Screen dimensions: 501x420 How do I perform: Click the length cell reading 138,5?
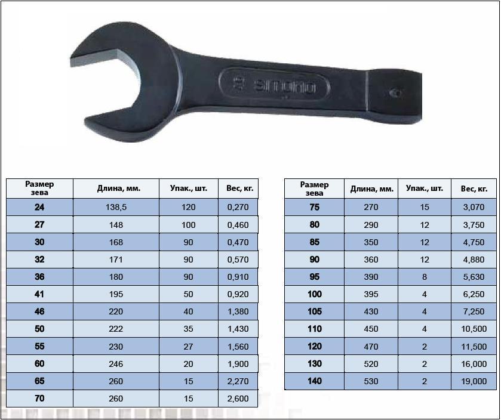pos(116,208)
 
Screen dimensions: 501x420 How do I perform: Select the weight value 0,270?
pos(238,208)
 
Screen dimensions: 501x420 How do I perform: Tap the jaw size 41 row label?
pos(39,294)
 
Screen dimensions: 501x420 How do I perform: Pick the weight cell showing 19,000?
pos(474,381)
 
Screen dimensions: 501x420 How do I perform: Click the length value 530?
pos(371,381)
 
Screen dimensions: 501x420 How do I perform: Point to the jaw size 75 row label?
pos(315,207)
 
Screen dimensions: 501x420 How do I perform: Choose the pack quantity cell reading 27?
pos(188,347)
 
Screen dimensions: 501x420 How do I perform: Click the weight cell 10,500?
pos(474,329)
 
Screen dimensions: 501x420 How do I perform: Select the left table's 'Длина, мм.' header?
pos(119,189)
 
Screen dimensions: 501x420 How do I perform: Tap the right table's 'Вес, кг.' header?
pos(474,189)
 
